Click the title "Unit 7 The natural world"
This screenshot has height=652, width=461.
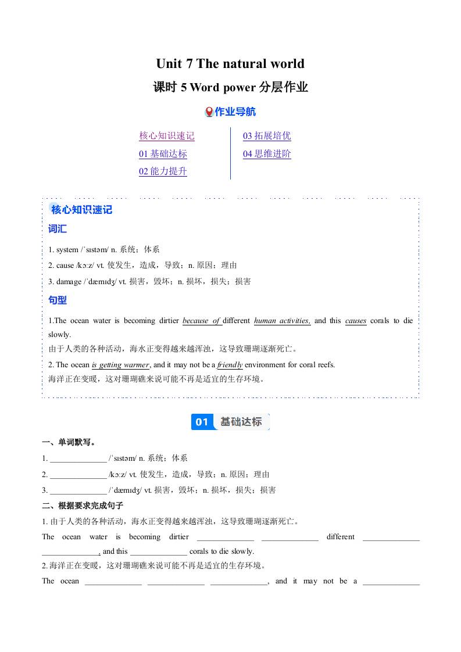coord(230,63)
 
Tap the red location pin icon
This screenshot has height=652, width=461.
coord(209,112)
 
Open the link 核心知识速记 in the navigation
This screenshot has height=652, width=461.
coord(167,136)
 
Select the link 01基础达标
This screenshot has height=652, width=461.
coord(163,154)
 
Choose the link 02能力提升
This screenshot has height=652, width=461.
coord(163,171)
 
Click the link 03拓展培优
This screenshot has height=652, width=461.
coord(267,136)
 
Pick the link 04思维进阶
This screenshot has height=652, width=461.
coord(267,154)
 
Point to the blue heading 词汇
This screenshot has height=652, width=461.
coord(58,229)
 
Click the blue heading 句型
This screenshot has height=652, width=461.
coord(58,300)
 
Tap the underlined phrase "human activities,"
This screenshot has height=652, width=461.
coord(282,321)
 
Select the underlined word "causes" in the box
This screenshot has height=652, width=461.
coord(356,321)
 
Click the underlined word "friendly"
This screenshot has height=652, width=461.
coord(230,365)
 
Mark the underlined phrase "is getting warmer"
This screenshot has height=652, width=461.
coord(121,365)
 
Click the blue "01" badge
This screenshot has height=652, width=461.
coord(202,422)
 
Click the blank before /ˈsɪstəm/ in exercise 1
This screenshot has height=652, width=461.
coord(78,458)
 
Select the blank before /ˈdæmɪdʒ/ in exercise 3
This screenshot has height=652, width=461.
coord(78,490)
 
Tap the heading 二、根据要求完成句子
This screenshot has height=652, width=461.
coord(83,506)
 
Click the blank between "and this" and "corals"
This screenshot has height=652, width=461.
coord(159,551)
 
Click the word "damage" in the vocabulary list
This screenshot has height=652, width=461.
coord(69,281)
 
